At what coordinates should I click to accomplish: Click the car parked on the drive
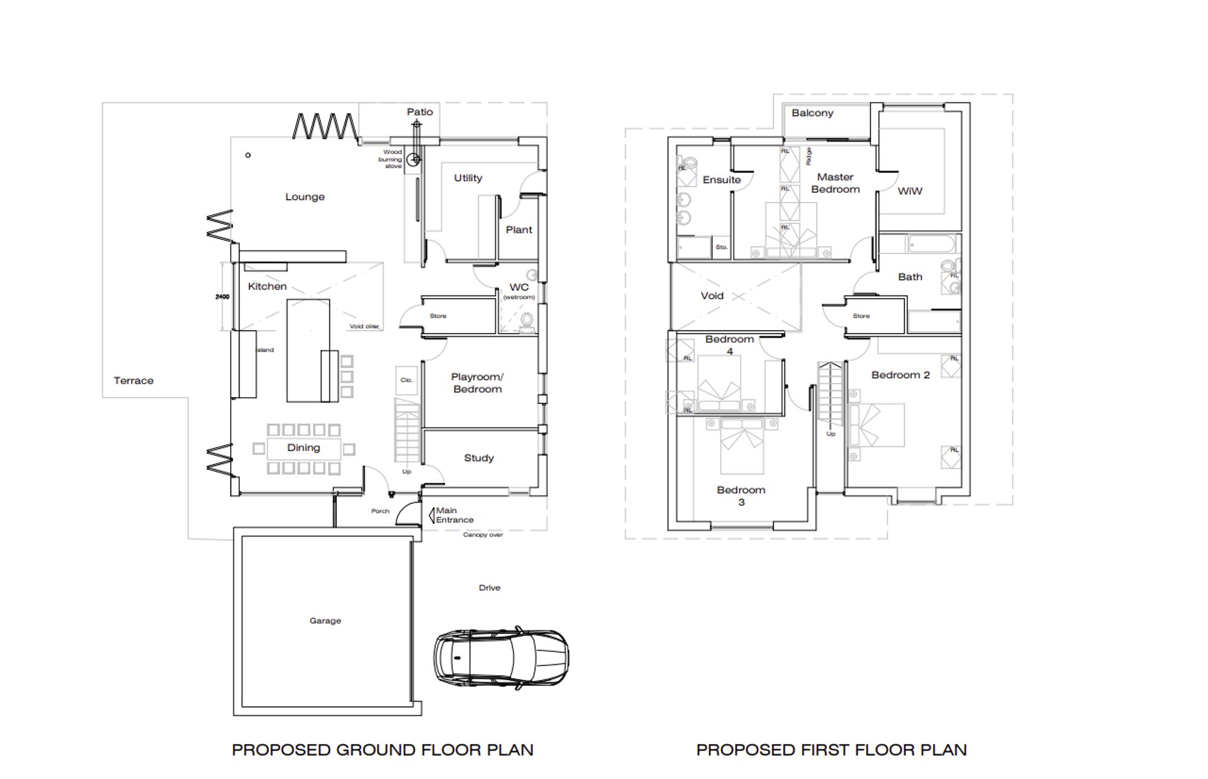(x=501, y=658)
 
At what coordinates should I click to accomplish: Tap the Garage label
(x=325, y=621)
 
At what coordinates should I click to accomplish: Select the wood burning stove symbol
(x=413, y=160)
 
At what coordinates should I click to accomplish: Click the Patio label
(x=420, y=112)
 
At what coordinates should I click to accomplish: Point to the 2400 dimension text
(x=222, y=297)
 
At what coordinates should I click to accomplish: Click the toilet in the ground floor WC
(x=527, y=322)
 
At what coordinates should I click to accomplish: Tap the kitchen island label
(x=265, y=350)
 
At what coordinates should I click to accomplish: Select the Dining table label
(x=303, y=448)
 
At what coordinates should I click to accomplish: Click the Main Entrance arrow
(x=432, y=515)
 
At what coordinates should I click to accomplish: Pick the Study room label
(x=479, y=458)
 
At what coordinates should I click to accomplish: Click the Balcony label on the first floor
(x=812, y=113)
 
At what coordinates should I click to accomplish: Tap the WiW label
(x=910, y=191)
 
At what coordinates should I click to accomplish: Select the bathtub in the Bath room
(x=931, y=244)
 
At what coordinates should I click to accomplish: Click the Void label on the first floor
(x=712, y=296)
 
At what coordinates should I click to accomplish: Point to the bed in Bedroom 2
(x=876, y=425)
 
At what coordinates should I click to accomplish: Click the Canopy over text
(x=483, y=535)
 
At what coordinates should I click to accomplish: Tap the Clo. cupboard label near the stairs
(x=406, y=380)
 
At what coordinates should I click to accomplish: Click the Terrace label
(x=133, y=381)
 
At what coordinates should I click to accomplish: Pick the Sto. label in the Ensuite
(x=721, y=247)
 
